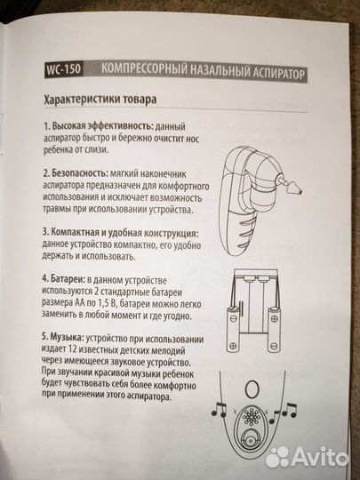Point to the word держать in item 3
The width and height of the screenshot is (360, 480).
coord(65,266)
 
